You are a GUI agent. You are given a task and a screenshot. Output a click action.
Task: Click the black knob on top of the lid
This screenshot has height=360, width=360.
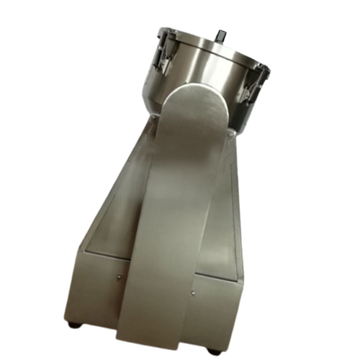220,35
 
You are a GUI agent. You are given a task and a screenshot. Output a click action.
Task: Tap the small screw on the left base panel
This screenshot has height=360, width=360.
118,274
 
